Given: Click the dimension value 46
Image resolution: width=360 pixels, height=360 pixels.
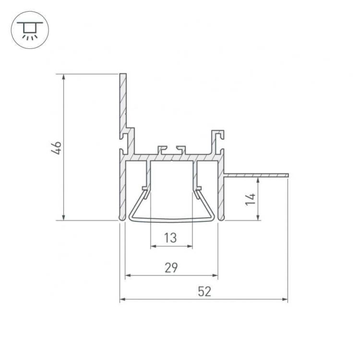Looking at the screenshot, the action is [x=57, y=148].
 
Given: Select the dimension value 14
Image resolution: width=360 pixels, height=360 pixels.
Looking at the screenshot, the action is [x=250, y=199].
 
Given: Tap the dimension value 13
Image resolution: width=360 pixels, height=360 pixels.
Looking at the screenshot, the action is [x=170, y=238].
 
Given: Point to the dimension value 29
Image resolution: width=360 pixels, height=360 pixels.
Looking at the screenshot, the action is [x=171, y=267].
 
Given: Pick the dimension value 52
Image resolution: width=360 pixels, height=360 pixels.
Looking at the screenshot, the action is [x=204, y=291].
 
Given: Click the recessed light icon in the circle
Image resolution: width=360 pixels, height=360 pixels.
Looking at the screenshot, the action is [x=30, y=30].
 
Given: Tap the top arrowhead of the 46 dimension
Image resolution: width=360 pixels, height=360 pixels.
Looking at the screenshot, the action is [x=63, y=77].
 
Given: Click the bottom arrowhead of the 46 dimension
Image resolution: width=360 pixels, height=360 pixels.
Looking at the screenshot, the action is [x=63, y=217].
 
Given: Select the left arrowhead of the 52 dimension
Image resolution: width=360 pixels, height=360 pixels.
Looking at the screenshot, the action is [x=122, y=300].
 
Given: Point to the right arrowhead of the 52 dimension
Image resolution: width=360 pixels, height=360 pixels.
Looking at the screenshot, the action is [x=285, y=300].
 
